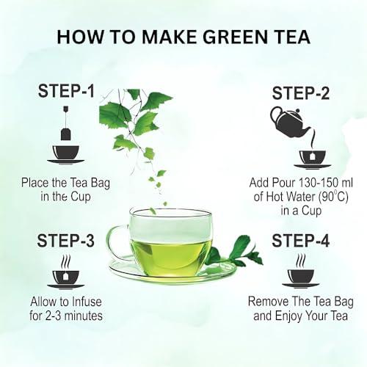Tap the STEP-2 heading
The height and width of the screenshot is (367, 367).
tap(302, 93)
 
